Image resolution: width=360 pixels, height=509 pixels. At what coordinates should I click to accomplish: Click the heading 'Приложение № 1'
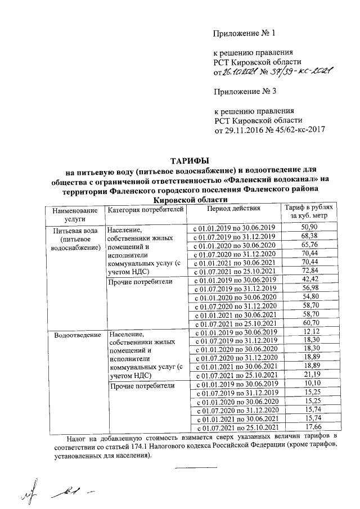click(245, 33)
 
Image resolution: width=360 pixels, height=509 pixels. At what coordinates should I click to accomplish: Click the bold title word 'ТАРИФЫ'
click(192, 161)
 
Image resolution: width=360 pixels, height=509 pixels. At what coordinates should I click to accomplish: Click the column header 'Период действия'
click(233, 208)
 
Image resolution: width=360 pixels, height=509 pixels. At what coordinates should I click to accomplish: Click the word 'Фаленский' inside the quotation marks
click(249, 180)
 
